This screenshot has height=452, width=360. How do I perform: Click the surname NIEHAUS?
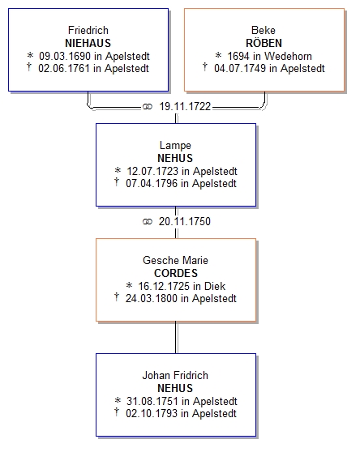coord(88,43)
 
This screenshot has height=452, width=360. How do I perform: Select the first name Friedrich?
coord(88,30)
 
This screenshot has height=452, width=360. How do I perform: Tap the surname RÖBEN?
coord(264,43)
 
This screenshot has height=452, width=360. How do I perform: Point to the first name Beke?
coord(264,30)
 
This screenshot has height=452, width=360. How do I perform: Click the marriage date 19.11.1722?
coord(185,107)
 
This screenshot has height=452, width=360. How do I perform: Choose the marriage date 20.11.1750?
coord(185,221)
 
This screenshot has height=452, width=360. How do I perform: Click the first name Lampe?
coord(175,146)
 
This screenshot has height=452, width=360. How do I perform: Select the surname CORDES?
coord(176,273)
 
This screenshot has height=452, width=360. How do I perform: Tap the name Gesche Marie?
coord(175,260)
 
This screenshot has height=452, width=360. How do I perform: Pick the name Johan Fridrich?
coord(175,375)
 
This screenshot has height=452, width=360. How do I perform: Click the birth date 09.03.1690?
coord(65,56)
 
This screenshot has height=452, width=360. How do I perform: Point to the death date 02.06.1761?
coord(64,69)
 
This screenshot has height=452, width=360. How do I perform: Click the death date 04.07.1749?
coord(240,69)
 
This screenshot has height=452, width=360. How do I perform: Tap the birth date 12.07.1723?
coord(152,171)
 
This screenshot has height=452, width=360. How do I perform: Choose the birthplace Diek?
coord(215,286)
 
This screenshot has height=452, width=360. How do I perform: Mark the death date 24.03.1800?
coord(152,298)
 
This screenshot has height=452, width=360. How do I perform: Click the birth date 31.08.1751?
coord(152,401)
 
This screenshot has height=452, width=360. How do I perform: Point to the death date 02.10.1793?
coord(152,414)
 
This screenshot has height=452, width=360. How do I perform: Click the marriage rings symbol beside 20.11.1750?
coord(148,222)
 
